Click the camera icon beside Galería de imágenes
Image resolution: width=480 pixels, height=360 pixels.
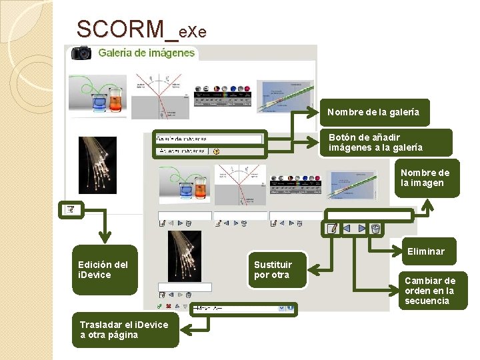point(81,53)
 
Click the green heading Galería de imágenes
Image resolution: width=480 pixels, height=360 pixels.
point(147,53)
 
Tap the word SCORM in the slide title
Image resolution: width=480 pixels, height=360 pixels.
point(120,29)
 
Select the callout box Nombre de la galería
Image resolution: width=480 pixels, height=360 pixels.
point(373,112)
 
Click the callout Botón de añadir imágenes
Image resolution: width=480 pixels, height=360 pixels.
point(384,142)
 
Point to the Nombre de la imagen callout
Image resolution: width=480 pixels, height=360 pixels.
point(425,178)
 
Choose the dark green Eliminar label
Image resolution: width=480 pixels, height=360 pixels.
point(426,251)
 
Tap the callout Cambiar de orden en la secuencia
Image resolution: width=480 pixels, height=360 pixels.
point(430,291)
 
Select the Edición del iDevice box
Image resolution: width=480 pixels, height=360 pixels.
point(104,269)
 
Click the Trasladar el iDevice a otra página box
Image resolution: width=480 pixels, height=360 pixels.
point(125,329)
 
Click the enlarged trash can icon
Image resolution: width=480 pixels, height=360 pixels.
point(376,229)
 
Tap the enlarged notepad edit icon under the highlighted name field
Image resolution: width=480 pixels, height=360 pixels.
point(331,229)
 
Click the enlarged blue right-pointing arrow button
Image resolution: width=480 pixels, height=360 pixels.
point(361,229)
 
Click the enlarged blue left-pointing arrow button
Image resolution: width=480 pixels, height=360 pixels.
point(347,229)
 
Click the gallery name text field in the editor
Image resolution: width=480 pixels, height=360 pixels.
point(209,139)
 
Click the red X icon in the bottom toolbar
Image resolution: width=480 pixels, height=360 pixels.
point(168,307)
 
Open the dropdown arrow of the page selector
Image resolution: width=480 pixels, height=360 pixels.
point(291,308)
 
